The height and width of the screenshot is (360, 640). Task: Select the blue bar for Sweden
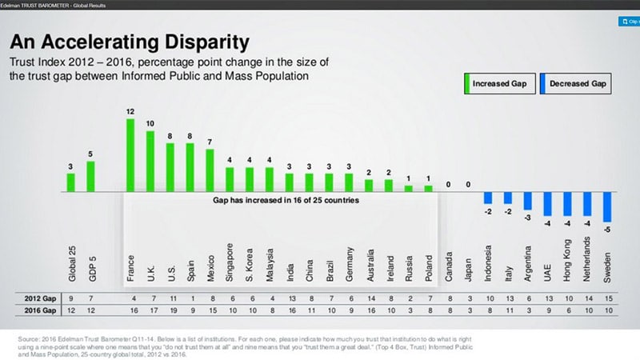pos(607,207)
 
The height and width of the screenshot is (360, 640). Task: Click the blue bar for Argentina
pos(527,201)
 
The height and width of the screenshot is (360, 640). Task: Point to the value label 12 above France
pos(130,111)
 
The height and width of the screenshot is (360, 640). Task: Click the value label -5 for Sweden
pos(608,230)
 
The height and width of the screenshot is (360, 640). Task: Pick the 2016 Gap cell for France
pos(130,309)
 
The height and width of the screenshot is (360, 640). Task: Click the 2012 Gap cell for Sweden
pos(607,298)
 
